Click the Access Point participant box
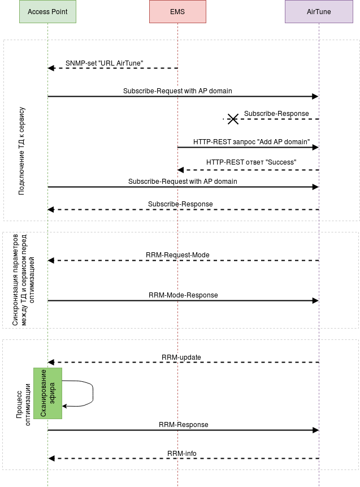47,11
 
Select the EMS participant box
177,11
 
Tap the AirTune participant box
319,11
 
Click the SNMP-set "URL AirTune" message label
104,63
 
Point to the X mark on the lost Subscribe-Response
232,119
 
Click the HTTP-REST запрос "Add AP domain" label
251,142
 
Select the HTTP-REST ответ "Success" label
251,162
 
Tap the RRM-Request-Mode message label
177,255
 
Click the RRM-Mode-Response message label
183,295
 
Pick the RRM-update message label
181,357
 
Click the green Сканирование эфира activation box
47,393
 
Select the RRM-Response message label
183,425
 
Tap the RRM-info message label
182,453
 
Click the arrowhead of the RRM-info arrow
51,458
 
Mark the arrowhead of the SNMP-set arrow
51,68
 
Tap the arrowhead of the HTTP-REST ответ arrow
181,170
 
